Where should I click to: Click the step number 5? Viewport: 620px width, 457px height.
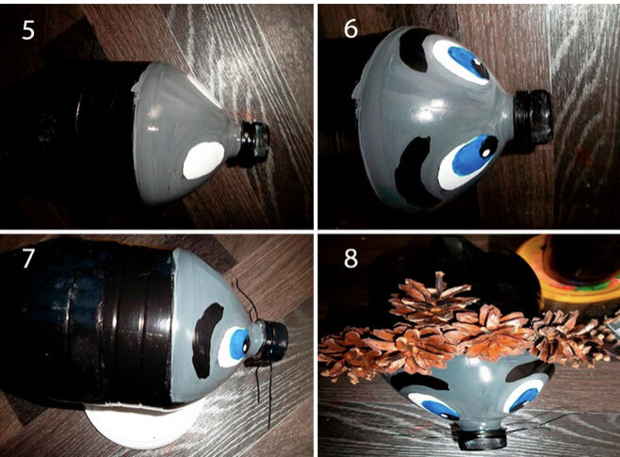[x=28, y=29]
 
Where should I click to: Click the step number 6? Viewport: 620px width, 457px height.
[x=351, y=28]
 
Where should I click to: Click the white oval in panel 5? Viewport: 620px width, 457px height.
[x=204, y=160]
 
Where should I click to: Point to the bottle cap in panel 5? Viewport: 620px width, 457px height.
[x=255, y=139]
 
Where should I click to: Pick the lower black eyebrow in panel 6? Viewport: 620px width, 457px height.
[x=416, y=170]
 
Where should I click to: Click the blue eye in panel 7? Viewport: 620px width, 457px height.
[x=234, y=347]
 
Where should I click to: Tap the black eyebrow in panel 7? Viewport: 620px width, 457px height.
[x=205, y=340]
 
